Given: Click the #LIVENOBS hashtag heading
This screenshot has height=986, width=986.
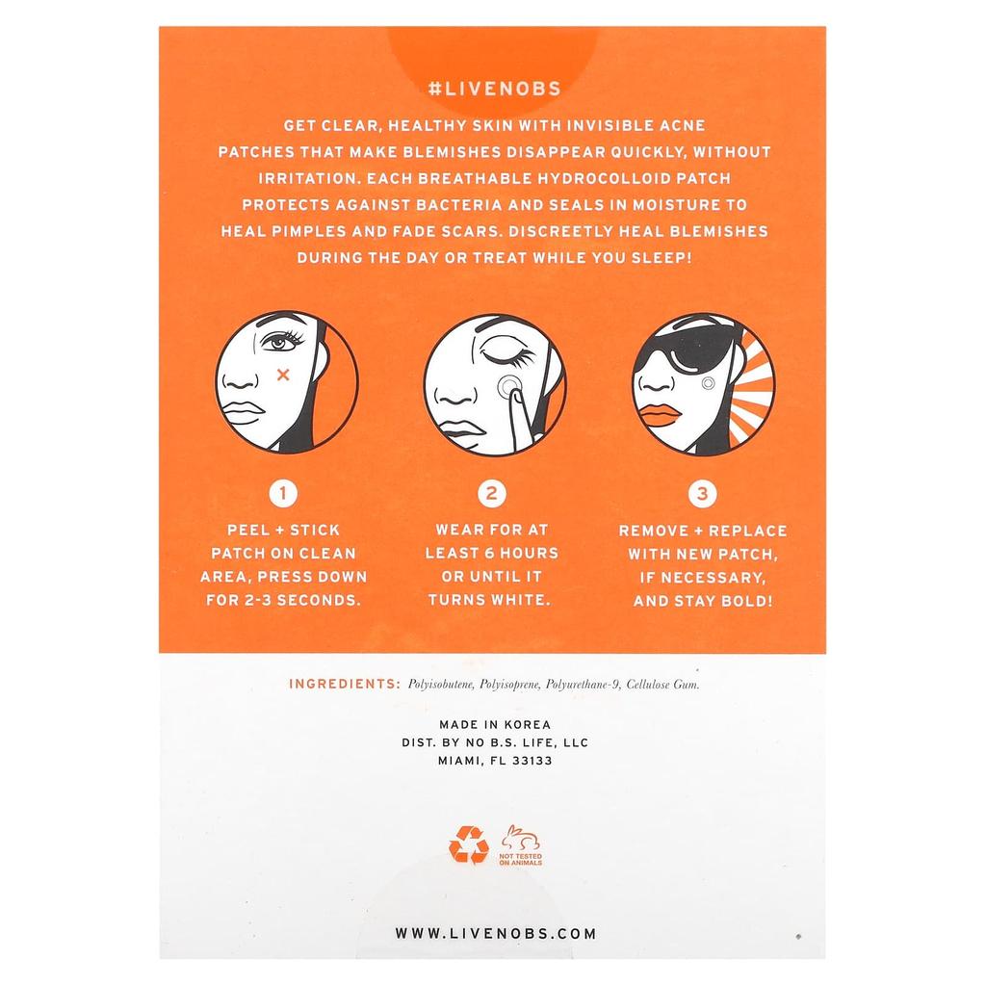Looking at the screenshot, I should tap(493, 88).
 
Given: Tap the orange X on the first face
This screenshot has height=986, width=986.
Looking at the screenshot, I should tap(283, 375).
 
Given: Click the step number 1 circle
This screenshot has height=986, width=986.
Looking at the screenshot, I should tap(283, 495).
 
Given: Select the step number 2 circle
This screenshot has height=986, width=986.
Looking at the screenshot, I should tap(491, 495).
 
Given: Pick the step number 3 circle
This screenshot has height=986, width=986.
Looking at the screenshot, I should tap(702, 495).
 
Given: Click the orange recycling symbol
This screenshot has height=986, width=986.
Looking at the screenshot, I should tap(468, 844).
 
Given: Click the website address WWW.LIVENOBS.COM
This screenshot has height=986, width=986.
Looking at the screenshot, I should tap(496, 933).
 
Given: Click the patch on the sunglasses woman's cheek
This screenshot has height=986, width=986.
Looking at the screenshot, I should tap(709, 382).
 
